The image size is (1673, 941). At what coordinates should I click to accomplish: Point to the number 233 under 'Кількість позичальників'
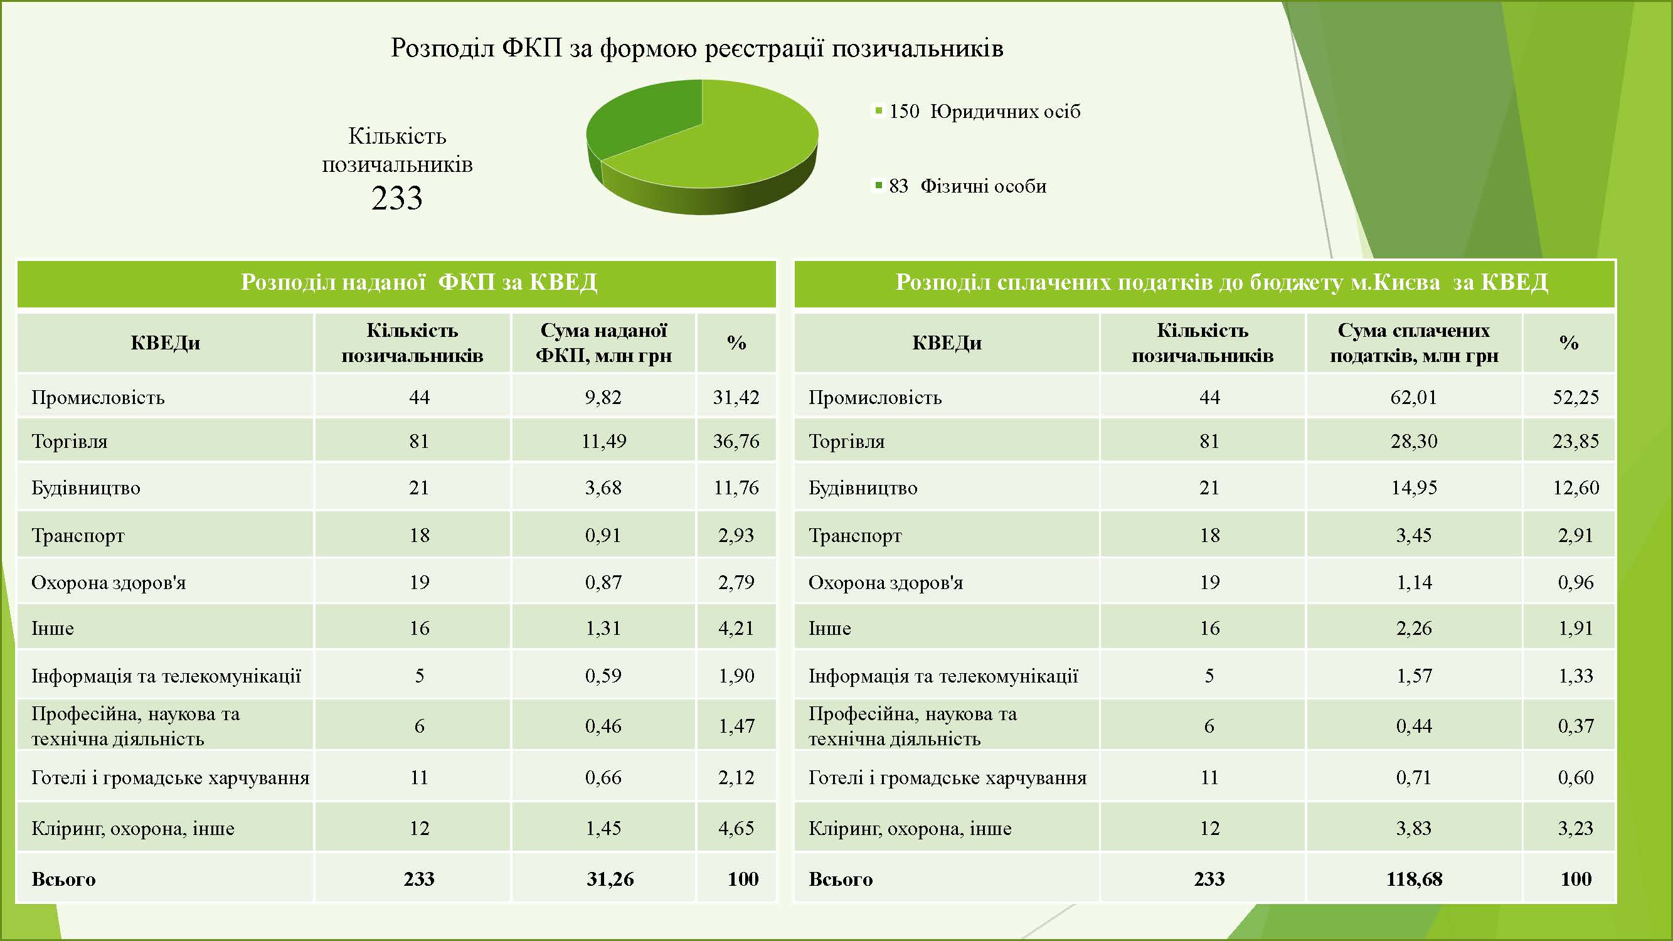pos(397,198)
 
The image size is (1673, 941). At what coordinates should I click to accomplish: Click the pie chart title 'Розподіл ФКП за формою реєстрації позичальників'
pos(697,48)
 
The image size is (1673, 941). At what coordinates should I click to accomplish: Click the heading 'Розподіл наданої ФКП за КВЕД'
pos(419,282)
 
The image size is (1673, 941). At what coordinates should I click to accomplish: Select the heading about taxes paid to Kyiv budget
pos(1221,282)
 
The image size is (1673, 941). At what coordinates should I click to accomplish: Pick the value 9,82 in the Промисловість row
pos(603,397)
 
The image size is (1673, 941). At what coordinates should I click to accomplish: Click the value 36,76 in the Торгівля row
pos(736,441)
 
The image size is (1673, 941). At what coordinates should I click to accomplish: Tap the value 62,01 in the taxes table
pos(1413,397)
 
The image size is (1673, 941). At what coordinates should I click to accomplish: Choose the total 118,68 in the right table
pos(1414,879)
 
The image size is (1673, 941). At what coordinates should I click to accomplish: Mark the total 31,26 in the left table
pos(610,879)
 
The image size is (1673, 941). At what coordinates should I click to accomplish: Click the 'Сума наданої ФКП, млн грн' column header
pos(603,343)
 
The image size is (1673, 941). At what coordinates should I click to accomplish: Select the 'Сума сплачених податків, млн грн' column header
pos(1414,343)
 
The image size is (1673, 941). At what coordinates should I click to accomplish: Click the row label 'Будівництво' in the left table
pos(86,487)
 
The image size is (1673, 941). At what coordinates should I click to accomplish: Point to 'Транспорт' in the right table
pos(854,536)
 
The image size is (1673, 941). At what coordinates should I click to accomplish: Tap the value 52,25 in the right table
pos(1576,397)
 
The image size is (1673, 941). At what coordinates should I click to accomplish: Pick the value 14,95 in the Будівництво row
pos(1413,487)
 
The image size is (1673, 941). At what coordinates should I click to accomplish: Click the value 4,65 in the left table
pos(736,828)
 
